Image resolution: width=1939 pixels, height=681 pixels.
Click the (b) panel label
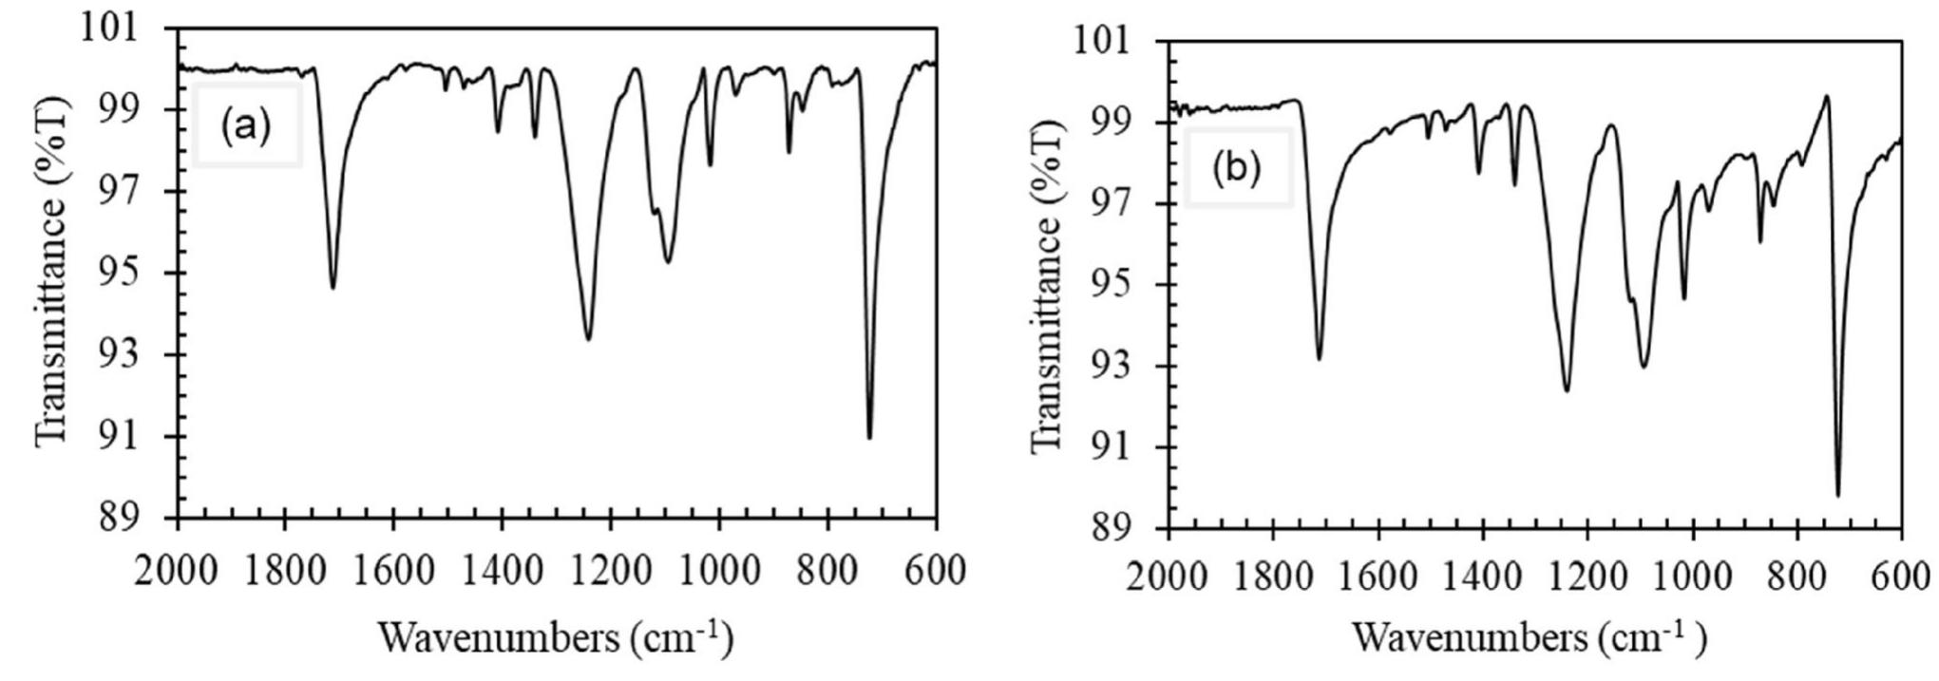click(1236, 168)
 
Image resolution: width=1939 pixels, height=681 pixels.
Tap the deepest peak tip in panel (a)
click(869, 438)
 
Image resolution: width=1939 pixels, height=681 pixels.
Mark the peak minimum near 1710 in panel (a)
click(333, 288)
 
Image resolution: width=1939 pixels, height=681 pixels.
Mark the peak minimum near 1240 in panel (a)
click(588, 340)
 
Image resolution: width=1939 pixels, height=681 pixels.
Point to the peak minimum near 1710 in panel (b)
click(1320, 359)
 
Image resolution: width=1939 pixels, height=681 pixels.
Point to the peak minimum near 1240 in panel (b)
click(1567, 390)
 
